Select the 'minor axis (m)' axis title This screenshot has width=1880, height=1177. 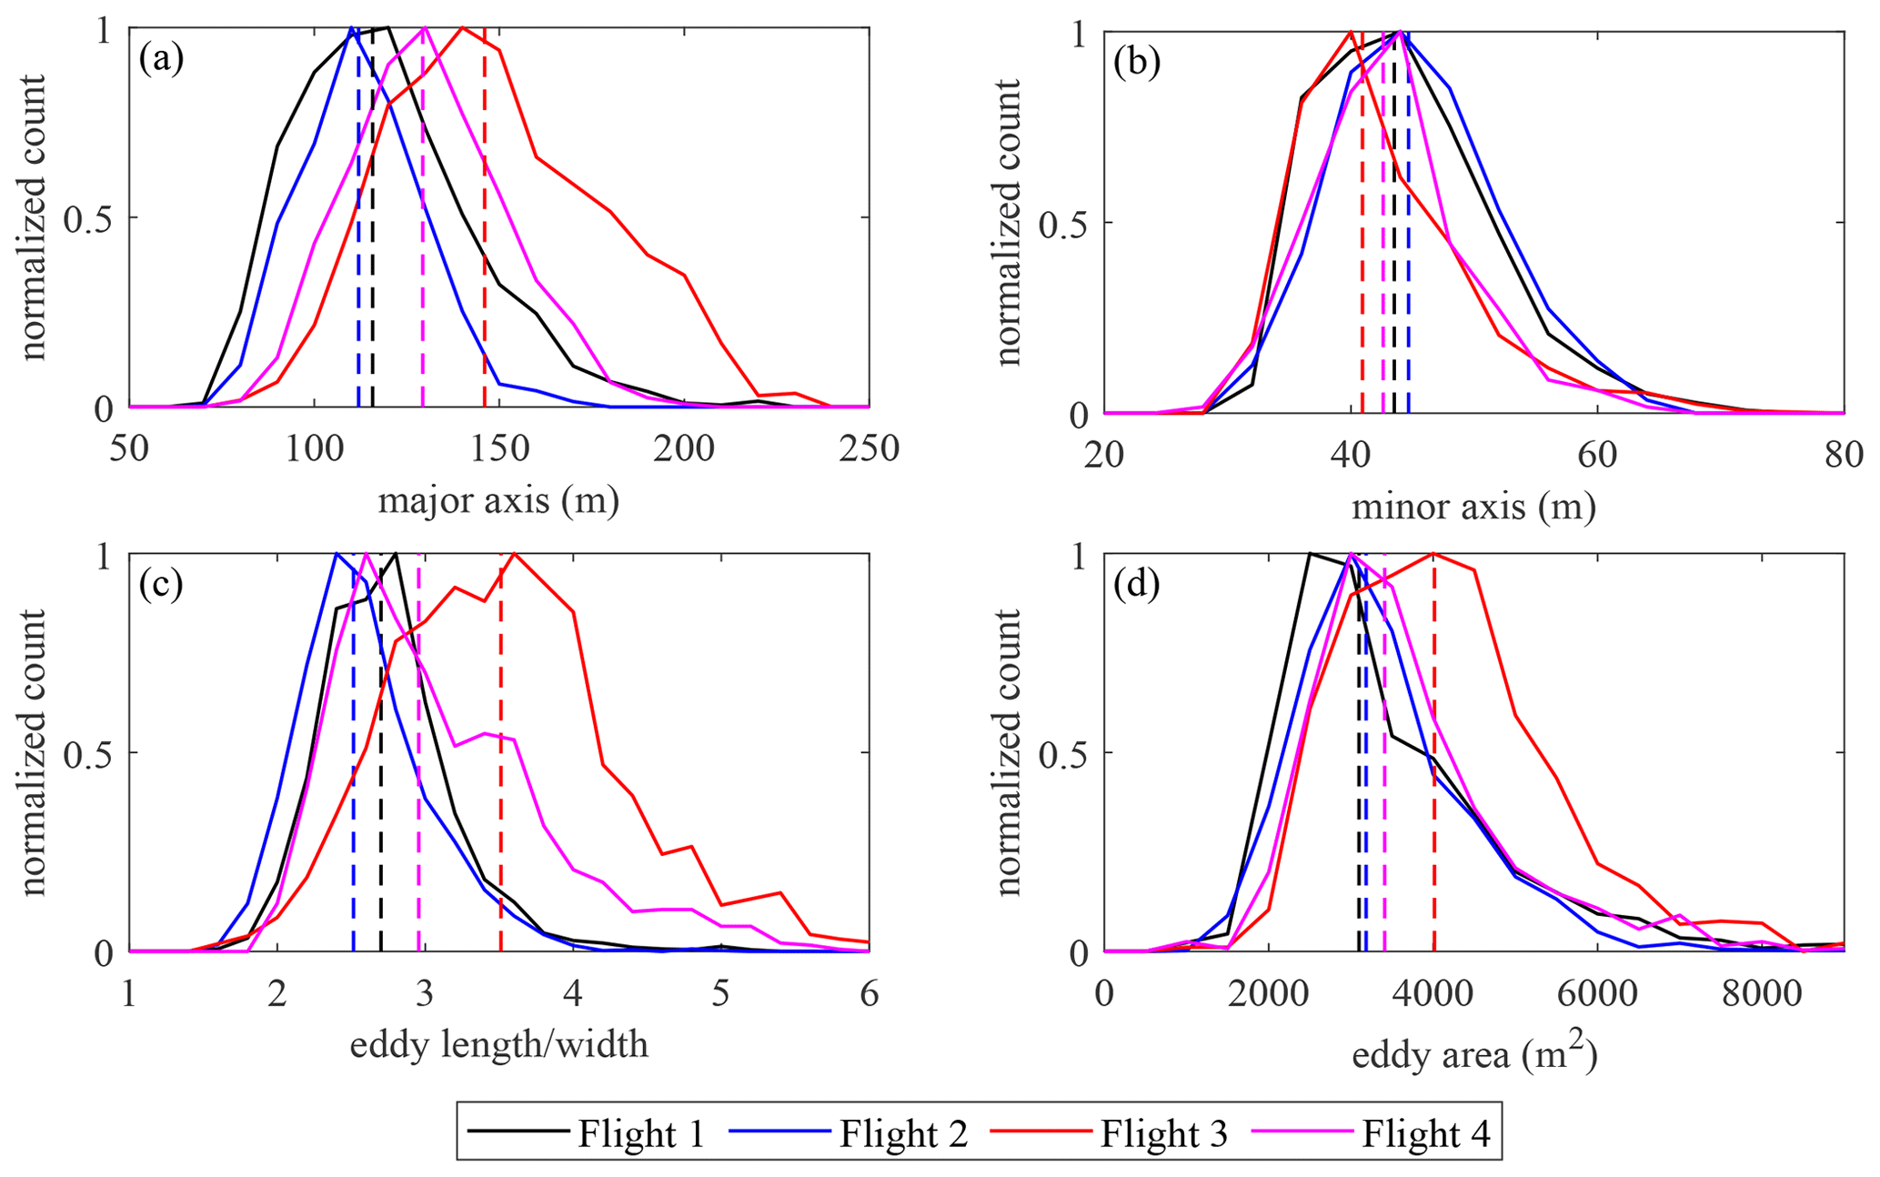(x=1473, y=506)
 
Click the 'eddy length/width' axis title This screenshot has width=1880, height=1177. (x=498, y=1045)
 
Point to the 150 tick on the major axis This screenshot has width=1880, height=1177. (x=499, y=448)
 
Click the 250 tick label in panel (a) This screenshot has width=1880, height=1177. (x=869, y=448)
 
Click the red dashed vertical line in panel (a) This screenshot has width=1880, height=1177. (x=485, y=273)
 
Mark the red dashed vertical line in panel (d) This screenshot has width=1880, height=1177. (x=1433, y=773)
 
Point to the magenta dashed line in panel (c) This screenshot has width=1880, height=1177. (x=418, y=773)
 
